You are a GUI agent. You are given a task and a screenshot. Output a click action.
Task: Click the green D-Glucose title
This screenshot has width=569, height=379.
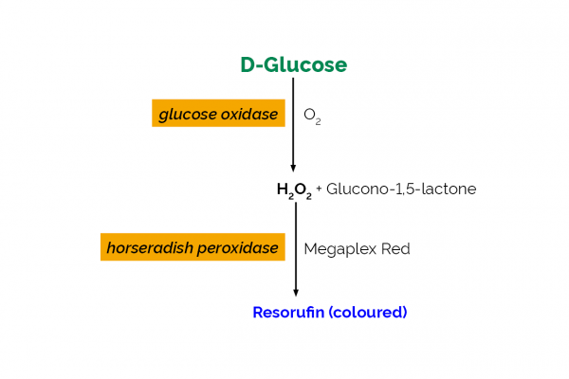pos(293,65)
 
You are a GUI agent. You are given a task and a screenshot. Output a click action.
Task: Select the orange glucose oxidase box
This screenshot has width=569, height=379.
pos(219,114)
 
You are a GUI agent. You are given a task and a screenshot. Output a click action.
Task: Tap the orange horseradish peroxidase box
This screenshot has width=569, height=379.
pos(193,247)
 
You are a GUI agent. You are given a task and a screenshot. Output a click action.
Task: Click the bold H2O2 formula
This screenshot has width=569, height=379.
pos(294,189)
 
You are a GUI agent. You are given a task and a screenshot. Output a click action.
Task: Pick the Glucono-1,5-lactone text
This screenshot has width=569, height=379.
pos(401,189)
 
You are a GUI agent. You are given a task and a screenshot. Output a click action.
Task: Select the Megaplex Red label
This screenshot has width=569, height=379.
pos(357,248)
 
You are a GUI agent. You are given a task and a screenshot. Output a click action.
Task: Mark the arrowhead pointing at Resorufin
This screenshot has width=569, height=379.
pos(296,292)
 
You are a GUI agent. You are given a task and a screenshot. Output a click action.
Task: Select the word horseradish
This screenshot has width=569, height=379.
pos(151,247)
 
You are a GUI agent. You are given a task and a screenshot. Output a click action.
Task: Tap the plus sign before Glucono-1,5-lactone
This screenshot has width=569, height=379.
pos(320,189)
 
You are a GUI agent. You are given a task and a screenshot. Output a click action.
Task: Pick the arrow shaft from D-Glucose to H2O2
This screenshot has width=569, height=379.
pos(293,123)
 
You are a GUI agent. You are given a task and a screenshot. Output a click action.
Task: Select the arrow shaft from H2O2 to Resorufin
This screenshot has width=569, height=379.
pos(296,246)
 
